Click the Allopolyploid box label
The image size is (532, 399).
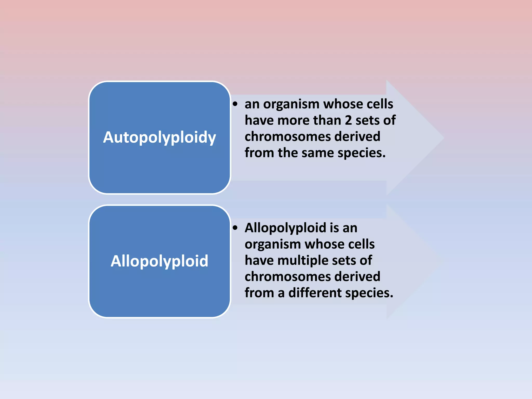click(x=159, y=261)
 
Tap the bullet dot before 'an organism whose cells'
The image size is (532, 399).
click(x=235, y=104)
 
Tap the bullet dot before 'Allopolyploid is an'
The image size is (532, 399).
click(x=235, y=228)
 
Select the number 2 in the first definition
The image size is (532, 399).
click(x=348, y=120)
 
